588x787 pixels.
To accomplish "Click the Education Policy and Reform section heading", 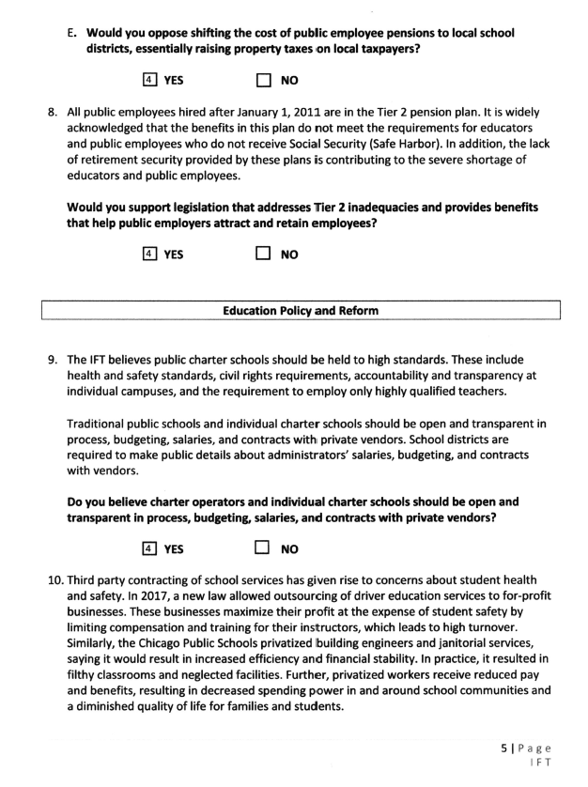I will [302, 311].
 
